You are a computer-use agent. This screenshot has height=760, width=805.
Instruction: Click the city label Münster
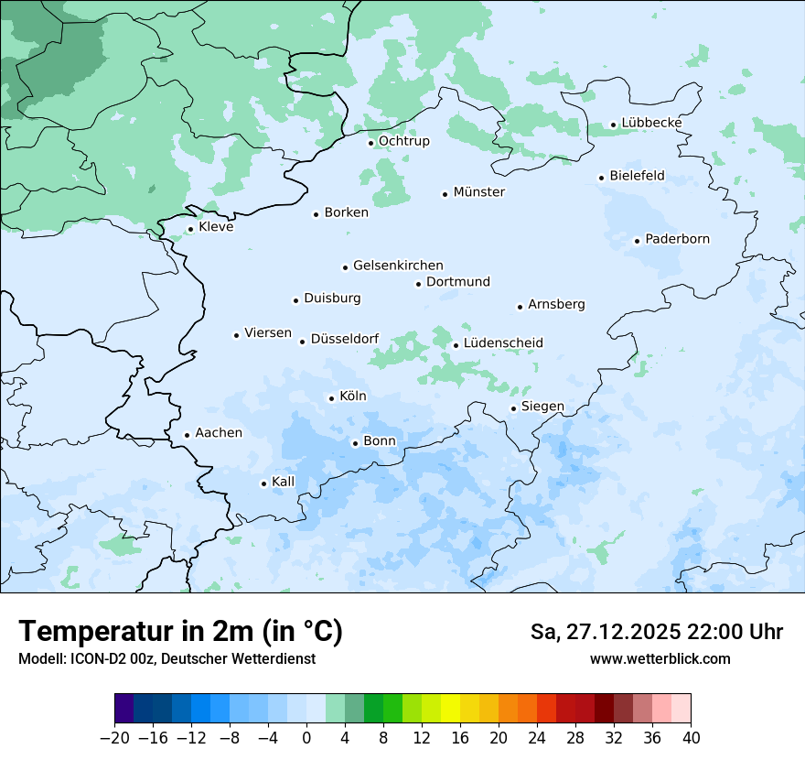tap(478, 192)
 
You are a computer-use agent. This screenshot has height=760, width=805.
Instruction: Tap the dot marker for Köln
tap(331, 398)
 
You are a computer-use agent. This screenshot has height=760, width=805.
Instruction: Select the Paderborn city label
tap(677, 239)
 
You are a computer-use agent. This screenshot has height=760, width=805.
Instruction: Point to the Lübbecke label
tap(651, 123)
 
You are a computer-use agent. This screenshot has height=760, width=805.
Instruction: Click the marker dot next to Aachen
tap(187, 436)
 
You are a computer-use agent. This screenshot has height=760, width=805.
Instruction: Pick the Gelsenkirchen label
tap(398, 266)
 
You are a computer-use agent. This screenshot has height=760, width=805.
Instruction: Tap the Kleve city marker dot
tap(190, 230)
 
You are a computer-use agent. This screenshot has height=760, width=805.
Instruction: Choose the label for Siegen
tap(542, 407)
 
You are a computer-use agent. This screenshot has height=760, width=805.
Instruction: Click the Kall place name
tap(283, 482)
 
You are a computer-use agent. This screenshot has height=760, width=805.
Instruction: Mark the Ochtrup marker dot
tap(370, 143)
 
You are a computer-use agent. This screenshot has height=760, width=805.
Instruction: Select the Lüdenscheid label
tap(503, 343)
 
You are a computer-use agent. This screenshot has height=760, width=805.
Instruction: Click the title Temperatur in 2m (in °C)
tap(180, 632)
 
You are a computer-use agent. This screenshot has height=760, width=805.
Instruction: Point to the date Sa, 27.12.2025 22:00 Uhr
tap(656, 632)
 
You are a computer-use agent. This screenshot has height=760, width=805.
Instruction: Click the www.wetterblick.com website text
tap(660, 658)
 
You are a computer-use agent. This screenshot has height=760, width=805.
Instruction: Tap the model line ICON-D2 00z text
tap(166, 658)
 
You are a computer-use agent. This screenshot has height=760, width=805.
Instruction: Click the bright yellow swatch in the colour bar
tap(450, 709)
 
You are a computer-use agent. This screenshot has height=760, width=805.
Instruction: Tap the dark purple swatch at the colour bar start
tap(124, 709)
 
